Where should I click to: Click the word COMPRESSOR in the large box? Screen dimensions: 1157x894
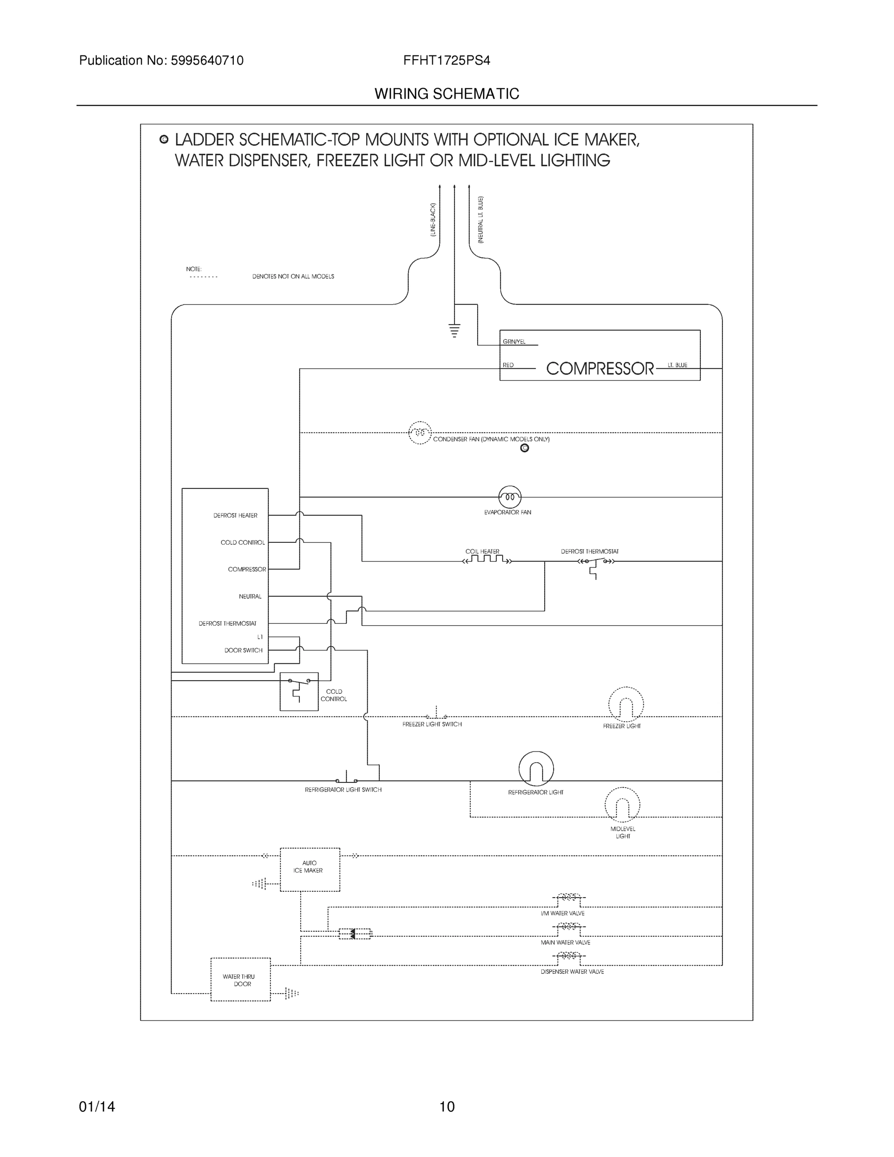(600, 369)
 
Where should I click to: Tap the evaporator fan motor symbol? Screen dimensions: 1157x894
(509, 497)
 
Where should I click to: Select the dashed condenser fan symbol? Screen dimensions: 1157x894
(419, 433)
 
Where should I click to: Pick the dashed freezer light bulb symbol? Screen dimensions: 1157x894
(626, 705)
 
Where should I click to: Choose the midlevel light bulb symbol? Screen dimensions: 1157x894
(622, 805)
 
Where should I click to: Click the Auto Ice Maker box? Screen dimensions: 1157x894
(309, 869)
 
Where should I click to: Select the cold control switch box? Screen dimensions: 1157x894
(299, 691)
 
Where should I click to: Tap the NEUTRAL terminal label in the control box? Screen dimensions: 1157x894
(250, 596)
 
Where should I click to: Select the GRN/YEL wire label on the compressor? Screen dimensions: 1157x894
(514, 342)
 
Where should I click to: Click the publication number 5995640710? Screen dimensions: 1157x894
(207, 60)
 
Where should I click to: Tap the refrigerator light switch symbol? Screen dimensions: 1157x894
(347, 778)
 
